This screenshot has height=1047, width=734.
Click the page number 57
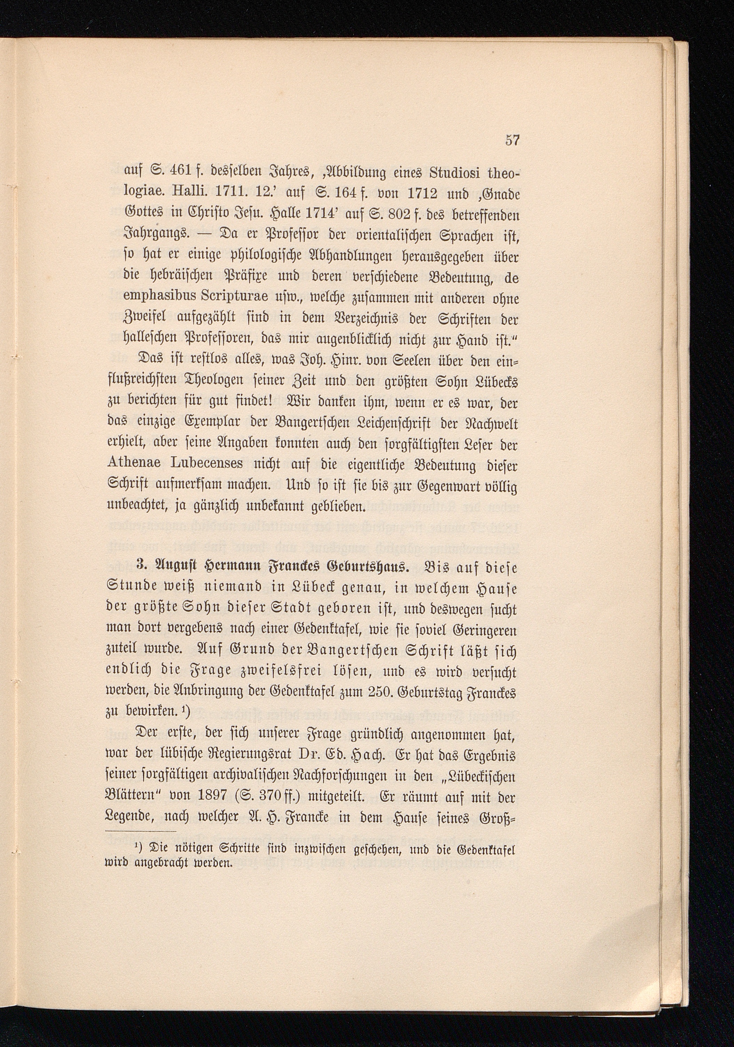[x=512, y=140]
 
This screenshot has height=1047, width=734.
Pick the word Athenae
[x=135, y=465]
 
